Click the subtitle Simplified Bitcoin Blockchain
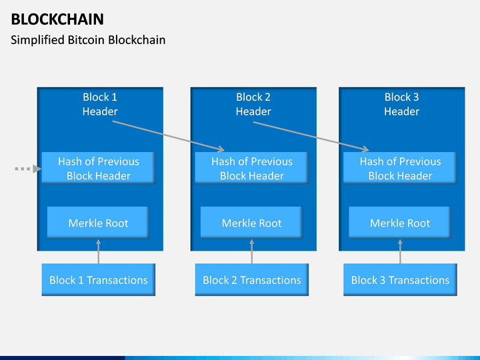click(x=88, y=40)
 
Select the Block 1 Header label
click(x=100, y=104)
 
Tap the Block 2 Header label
click(x=253, y=104)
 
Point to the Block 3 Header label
click(x=401, y=104)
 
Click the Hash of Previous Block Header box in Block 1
click(x=98, y=168)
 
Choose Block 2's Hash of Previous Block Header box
click(x=252, y=168)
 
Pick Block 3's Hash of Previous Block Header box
click(x=400, y=168)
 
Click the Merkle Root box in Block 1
click(x=98, y=223)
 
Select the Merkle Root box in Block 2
click(x=251, y=223)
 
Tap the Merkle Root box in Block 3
click(x=400, y=223)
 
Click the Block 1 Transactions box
click(x=98, y=280)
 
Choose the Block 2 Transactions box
click(x=251, y=280)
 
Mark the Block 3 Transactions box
click(x=400, y=280)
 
